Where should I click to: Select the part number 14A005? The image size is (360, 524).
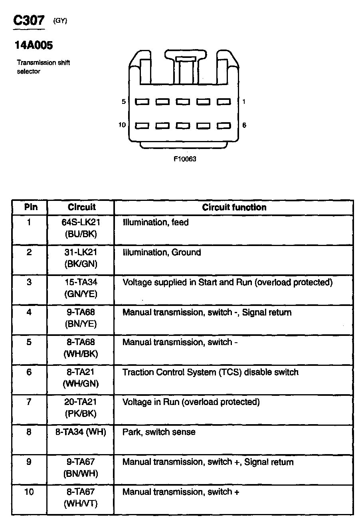pos(34,46)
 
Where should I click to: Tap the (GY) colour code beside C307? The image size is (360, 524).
pos(60,22)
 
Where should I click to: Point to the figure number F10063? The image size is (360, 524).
pos(185,159)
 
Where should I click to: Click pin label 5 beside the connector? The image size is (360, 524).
pos(124,102)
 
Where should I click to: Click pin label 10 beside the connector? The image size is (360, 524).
pos(122,125)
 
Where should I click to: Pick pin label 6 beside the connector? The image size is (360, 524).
pos(244,125)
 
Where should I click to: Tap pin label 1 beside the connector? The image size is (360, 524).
pos(244,102)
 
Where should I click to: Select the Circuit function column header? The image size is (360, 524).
pos(234,207)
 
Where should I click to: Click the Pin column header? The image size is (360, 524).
pos(31,207)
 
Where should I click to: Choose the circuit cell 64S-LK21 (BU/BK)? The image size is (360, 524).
pos(81,228)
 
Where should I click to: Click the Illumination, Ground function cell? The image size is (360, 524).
pos(162,252)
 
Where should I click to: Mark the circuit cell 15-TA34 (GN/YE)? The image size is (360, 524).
pos(81,288)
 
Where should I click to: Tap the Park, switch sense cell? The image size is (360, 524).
pos(159,432)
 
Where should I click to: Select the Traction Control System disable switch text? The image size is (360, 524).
pos(210,372)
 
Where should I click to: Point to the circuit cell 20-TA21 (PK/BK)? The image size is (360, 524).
pos(81,408)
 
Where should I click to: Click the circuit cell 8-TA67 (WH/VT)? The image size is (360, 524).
pos(81,498)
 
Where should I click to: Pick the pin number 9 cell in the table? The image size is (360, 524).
pos(29,462)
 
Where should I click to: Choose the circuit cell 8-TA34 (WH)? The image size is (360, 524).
pos(81,432)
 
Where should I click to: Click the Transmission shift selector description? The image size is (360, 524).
pos(43,67)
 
